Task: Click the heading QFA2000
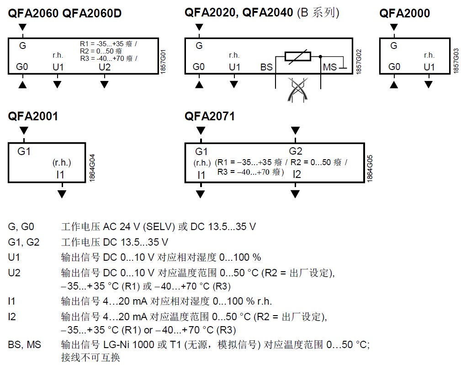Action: tap(404, 13)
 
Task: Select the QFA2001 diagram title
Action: tap(33, 117)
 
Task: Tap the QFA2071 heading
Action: tap(210, 117)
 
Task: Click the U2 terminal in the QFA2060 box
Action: tap(105, 67)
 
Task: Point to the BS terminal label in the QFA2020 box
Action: tap(266, 67)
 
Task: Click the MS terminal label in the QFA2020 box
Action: tap(329, 67)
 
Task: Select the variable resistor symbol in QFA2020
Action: tap(297, 56)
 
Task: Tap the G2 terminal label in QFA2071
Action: tap(296, 151)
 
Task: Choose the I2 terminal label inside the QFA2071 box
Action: tap(297, 174)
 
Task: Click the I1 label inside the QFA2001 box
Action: tap(60, 174)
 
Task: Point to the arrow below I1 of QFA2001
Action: tap(62, 194)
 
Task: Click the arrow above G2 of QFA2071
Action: tap(296, 131)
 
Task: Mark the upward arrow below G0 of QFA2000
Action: tap(394, 84)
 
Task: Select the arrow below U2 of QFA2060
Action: tap(105, 84)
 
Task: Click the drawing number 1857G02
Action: tap(359, 56)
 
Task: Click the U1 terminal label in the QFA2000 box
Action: tap(429, 67)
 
